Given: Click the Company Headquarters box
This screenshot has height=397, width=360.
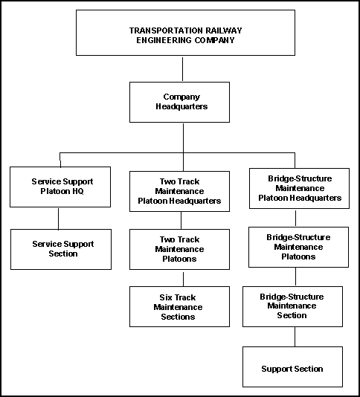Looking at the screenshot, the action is [179, 102].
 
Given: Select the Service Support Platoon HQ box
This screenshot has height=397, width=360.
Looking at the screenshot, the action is [60, 187].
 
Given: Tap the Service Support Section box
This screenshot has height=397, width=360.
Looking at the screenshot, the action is [61, 249].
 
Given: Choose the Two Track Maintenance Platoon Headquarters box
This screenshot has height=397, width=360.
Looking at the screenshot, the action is [179, 191].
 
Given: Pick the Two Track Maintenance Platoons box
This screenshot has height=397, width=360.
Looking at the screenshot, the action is [179, 249].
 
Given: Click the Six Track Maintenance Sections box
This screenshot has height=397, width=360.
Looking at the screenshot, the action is [179, 306].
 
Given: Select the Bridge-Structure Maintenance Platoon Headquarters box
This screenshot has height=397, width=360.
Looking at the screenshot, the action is [299, 188].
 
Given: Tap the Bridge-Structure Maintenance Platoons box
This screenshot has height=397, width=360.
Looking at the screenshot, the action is [298, 247].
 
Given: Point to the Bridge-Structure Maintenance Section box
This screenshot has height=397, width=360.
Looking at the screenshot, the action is [292, 306].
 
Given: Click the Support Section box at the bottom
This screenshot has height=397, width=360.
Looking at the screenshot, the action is [292, 367].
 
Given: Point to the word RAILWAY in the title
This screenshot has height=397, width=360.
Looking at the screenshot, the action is [224, 30].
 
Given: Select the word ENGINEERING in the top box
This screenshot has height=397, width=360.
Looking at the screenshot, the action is [164, 40].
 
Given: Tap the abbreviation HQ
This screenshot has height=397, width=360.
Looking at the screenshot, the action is [78, 191].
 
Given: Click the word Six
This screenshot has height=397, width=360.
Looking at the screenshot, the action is [165, 297].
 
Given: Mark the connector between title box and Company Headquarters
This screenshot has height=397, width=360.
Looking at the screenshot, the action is [182, 69].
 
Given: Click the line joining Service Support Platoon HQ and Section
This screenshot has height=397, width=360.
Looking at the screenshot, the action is [58, 219].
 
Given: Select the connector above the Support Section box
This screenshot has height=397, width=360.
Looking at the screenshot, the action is [295, 337].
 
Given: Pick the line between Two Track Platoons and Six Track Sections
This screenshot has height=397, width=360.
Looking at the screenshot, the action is [183, 279].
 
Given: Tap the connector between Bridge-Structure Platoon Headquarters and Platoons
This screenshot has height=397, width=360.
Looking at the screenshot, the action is [295, 218].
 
